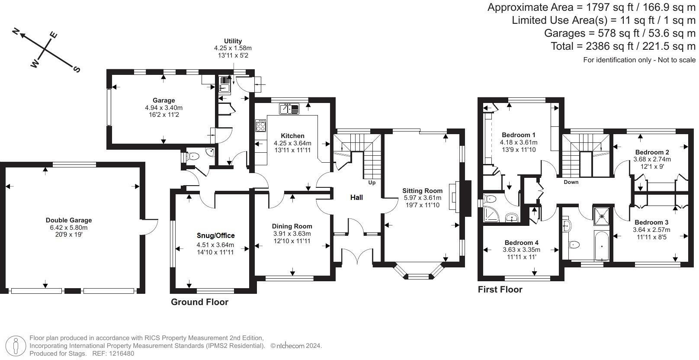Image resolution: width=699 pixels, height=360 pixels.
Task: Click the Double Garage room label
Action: [69, 220]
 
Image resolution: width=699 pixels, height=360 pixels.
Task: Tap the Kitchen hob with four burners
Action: [261, 126]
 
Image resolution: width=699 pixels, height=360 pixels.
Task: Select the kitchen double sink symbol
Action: [289, 109]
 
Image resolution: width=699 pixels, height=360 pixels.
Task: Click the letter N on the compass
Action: [16, 31]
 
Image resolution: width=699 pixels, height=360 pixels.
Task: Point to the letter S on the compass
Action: [77, 69]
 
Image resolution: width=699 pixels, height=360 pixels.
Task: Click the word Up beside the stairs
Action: [372, 183]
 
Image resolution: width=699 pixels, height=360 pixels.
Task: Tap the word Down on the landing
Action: [571, 182]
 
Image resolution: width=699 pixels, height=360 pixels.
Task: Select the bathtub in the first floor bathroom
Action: [602, 246]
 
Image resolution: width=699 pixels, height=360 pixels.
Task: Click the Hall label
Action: [356, 197]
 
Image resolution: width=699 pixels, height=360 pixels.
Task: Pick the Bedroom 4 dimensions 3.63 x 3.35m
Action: [521, 250]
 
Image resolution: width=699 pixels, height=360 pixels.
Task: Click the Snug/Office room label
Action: [215, 235]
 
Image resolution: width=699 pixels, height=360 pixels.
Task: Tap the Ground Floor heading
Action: [199, 302]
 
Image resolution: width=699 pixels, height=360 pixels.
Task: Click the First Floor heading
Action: [500, 289]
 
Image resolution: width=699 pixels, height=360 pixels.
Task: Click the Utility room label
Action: [233, 41]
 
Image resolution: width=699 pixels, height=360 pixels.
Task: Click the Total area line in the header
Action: [623, 46]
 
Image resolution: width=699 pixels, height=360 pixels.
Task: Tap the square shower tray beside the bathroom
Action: [600, 215]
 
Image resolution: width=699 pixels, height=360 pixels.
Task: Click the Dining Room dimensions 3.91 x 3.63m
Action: [292, 234]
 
